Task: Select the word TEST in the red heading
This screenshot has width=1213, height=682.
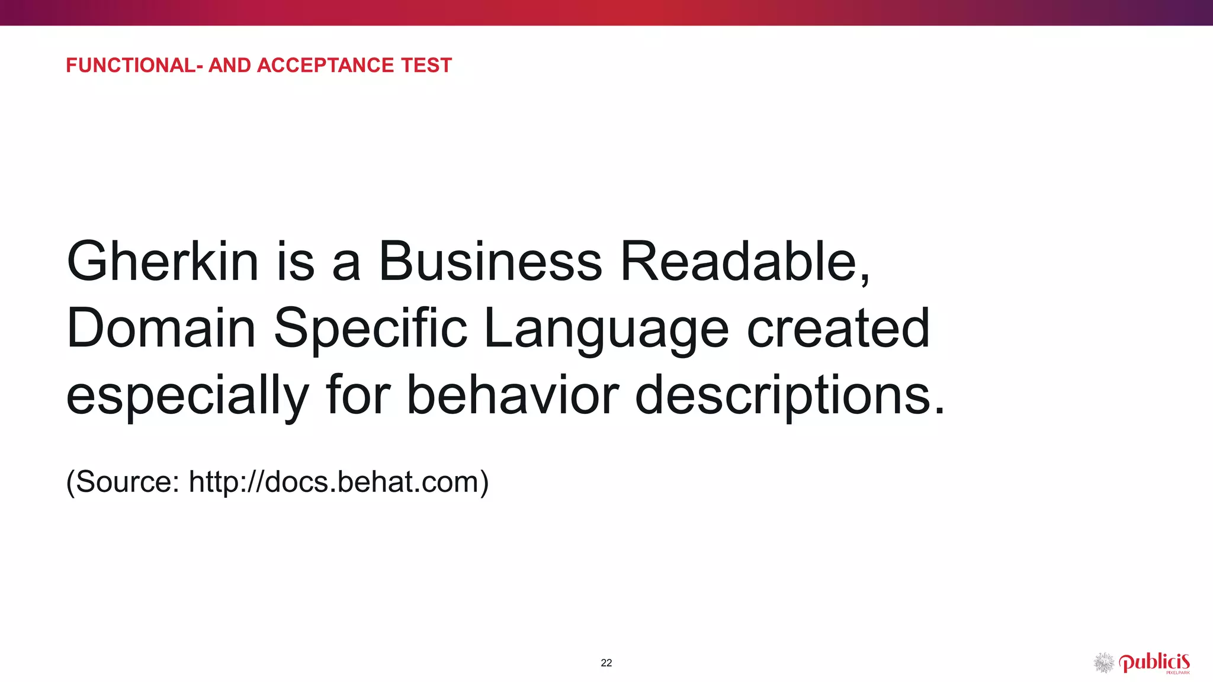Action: click(426, 65)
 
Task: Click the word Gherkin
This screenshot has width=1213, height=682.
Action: click(163, 262)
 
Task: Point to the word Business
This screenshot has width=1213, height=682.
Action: click(490, 262)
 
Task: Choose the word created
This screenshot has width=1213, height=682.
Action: click(838, 329)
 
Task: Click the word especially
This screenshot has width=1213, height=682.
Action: click(187, 397)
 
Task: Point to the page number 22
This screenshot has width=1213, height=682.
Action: click(606, 663)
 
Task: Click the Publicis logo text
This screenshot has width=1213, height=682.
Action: click(1154, 662)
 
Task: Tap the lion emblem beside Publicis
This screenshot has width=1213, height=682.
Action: click(1104, 663)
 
